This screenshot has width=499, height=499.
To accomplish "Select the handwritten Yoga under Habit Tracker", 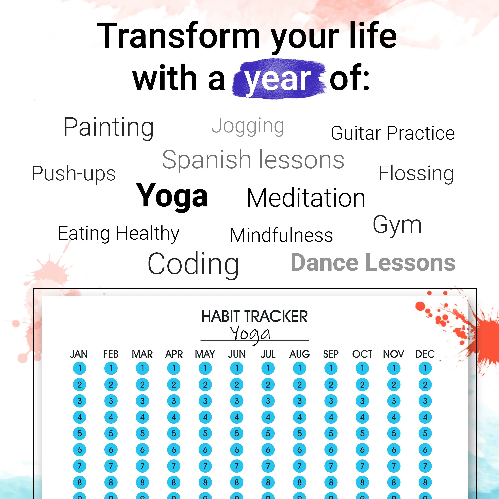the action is pos(250,334).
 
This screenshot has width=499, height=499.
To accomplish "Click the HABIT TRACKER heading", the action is pos(254,316).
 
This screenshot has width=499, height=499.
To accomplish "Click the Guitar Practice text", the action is pos(393,133).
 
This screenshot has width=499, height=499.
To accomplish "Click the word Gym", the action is pos(397,225).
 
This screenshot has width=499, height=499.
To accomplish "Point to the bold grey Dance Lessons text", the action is pos(373,262).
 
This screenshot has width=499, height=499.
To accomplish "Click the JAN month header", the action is pos(79,354).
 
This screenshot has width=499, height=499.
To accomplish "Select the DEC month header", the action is pos(425,354).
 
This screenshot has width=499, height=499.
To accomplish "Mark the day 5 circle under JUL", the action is pos(268,433).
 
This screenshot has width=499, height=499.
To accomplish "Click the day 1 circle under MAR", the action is pos(142,368).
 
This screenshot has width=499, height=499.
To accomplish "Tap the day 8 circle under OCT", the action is pos(362,482).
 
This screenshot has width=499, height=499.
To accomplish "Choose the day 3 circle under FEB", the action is pos(111,401).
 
